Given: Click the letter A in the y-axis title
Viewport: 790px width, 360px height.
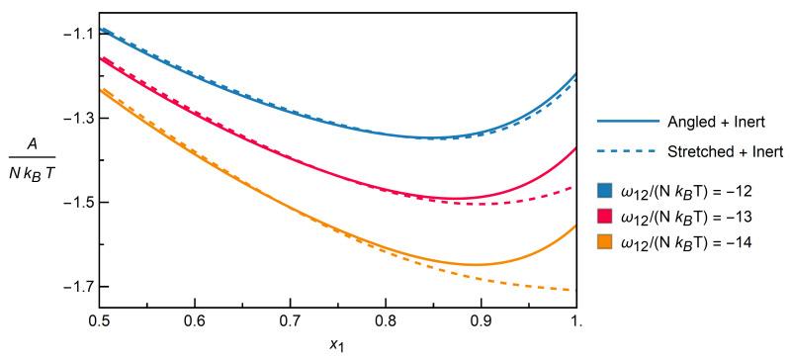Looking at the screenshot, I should [33, 142].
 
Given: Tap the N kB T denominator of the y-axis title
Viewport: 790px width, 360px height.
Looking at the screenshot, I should [33, 168].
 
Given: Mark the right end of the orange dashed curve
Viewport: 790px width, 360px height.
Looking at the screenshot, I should [575, 290].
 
